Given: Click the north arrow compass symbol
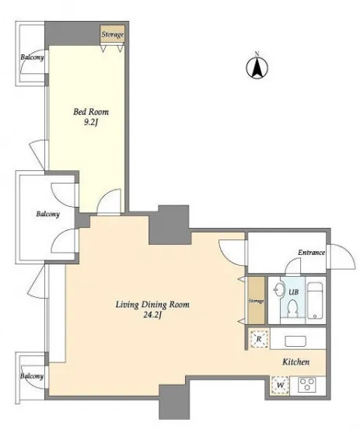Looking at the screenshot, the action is (257, 66).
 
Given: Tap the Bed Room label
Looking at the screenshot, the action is (91, 112).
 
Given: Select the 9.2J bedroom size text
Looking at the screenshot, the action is (91, 123).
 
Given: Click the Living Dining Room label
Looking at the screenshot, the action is (152, 305).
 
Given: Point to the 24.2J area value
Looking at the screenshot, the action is (152, 315).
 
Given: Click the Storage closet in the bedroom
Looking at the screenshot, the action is (112, 34).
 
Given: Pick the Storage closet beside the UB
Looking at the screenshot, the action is (257, 301).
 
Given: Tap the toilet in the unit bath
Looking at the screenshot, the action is (292, 308).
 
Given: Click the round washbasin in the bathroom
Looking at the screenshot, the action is (279, 288).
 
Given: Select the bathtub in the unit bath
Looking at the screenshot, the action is (315, 301).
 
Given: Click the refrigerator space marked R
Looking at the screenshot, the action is (259, 339).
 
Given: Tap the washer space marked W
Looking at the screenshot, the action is (280, 386).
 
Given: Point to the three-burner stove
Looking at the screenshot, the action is (307, 384).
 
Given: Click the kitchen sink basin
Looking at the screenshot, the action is (295, 341).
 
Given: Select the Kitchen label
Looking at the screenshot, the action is (296, 362).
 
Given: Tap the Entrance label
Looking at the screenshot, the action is (312, 253).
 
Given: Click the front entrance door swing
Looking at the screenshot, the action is (342, 257).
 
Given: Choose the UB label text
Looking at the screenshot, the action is (293, 292).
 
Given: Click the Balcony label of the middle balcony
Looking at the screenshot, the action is (48, 214).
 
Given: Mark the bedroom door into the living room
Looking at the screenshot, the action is (109, 202).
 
